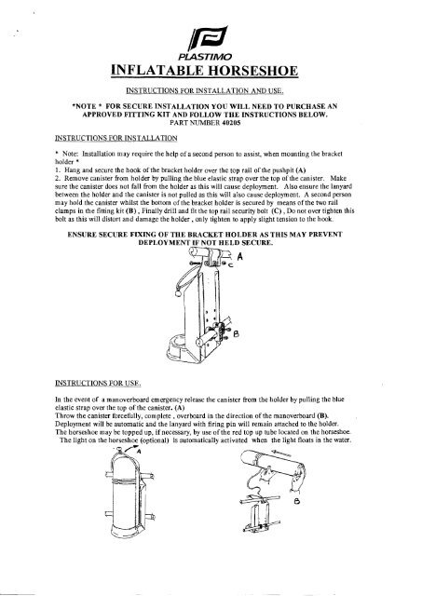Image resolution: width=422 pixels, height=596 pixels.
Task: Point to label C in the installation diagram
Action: coord(233,271)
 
